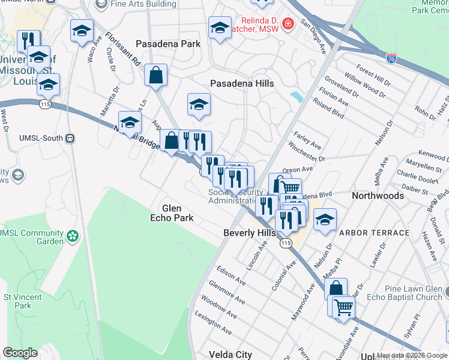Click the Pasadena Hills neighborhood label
coord(242,84)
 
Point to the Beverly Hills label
coord(249,233)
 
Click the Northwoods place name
coord(378,196)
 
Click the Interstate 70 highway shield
coord(391,58)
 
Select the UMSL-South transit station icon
coord(70,138)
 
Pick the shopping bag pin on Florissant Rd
coord(155,75)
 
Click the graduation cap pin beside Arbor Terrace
coord(325,220)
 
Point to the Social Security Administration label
coord(235,196)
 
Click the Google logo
coord(20,353)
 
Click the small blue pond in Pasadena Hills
coord(296,97)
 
